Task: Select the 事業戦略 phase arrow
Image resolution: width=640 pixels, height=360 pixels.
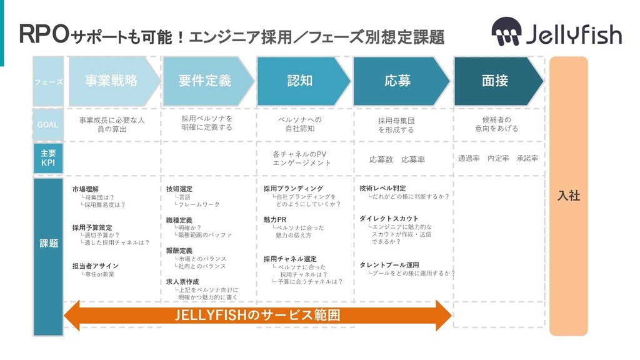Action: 111,81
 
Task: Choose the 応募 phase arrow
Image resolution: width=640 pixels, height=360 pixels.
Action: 397,81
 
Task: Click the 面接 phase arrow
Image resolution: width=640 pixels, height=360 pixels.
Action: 494,81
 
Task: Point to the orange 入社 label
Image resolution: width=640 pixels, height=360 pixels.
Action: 568,196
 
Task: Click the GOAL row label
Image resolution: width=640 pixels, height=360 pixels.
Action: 48,124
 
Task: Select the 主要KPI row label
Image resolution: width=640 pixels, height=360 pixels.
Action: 48,158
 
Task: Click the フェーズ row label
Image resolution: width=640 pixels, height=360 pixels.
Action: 48,82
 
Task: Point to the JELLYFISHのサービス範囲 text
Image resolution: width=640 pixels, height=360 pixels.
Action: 258,316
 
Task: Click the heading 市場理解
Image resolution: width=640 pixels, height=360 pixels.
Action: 86,189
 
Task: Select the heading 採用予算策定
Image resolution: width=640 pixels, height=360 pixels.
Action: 92,227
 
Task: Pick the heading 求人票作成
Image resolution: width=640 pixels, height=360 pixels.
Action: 182,282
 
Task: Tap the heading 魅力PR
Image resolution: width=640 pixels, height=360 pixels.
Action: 275,220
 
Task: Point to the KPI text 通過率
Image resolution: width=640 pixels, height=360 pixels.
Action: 469,159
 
